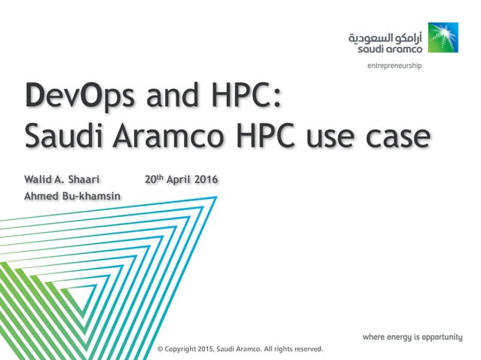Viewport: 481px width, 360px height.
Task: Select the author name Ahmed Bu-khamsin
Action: (x=73, y=197)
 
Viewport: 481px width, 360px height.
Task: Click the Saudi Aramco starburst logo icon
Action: (x=443, y=38)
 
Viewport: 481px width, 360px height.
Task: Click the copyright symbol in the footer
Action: (x=160, y=349)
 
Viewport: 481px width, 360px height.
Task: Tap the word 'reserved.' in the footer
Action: (x=306, y=349)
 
